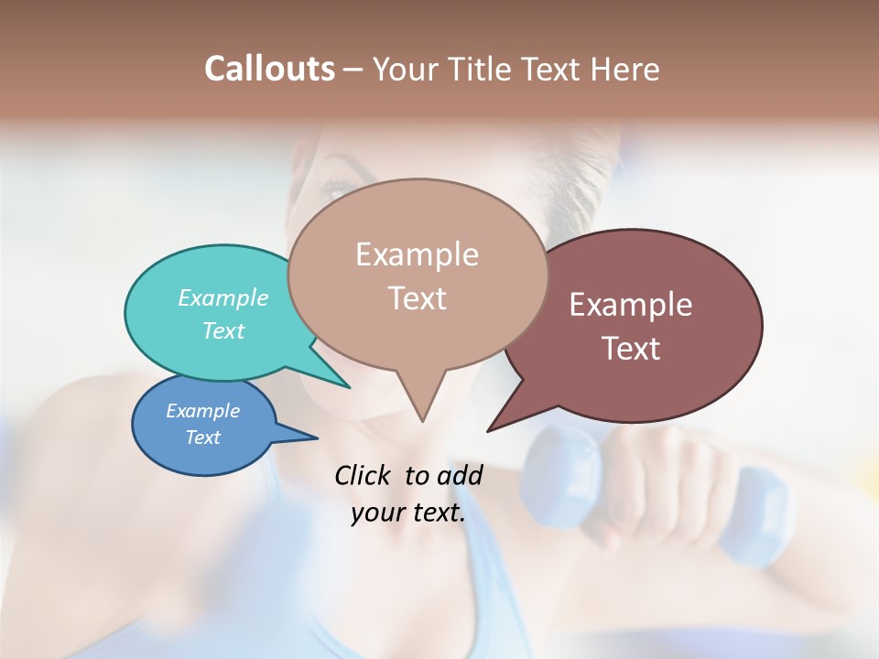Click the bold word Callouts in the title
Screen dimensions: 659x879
click(x=269, y=69)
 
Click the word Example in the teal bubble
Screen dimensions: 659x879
click(x=223, y=298)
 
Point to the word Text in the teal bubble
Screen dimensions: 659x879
click(x=223, y=330)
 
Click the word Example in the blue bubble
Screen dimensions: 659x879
click(x=203, y=411)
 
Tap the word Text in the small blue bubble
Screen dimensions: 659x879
click(x=203, y=438)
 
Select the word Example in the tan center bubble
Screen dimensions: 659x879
click(x=417, y=254)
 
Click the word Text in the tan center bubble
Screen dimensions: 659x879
click(x=417, y=298)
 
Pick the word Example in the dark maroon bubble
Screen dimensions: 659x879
click(x=631, y=305)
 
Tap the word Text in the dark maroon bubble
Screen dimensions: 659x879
click(x=631, y=349)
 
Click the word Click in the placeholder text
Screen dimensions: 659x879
click(x=363, y=475)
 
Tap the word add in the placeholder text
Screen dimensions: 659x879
click(x=460, y=475)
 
